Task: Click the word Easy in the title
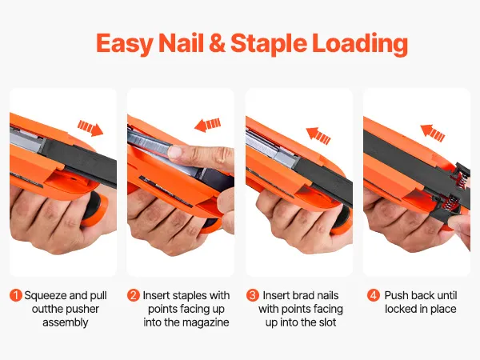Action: [x=125, y=43]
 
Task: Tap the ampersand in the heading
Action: [x=217, y=43]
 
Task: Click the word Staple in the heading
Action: [x=269, y=44]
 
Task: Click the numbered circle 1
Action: [x=16, y=295]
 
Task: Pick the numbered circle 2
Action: [x=133, y=295]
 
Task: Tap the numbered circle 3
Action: [x=253, y=295]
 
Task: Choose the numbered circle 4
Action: [x=373, y=295]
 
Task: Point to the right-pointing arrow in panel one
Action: [x=90, y=128]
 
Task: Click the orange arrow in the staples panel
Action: [x=207, y=125]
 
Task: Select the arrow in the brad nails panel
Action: [x=318, y=135]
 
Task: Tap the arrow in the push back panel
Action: [x=433, y=133]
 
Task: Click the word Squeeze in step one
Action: [x=46, y=296]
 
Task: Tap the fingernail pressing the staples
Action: [x=176, y=152]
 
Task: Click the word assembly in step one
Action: [x=66, y=323]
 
